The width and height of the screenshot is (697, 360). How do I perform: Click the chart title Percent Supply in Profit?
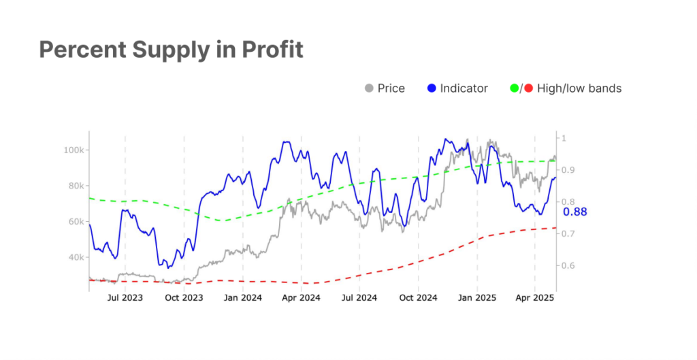(x=171, y=50)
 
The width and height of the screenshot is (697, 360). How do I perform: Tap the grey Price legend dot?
(x=370, y=88)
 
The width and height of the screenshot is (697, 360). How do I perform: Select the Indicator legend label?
(x=464, y=88)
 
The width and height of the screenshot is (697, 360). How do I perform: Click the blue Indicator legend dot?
(x=432, y=88)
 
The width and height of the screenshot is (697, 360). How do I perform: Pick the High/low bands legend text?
(x=579, y=88)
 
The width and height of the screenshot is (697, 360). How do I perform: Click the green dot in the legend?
(x=514, y=88)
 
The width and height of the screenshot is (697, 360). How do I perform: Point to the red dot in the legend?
(x=528, y=88)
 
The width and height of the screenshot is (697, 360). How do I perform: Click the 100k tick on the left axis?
(x=72, y=150)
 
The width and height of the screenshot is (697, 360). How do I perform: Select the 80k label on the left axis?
(x=74, y=186)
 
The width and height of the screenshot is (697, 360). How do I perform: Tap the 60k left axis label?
(x=74, y=222)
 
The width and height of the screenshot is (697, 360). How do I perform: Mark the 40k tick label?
(x=74, y=258)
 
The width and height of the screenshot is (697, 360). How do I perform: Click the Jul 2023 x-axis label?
(x=125, y=298)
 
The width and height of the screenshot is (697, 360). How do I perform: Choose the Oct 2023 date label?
(x=184, y=298)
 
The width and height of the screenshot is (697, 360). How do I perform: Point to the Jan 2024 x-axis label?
(x=242, y=298)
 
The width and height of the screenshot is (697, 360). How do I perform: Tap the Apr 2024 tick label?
(x=301, y=298)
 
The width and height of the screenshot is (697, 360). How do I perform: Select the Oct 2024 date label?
(x=417, y=298)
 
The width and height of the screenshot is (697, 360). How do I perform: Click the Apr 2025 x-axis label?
(x=534, y=298)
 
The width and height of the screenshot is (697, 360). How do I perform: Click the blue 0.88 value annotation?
(x=575, y=212)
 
